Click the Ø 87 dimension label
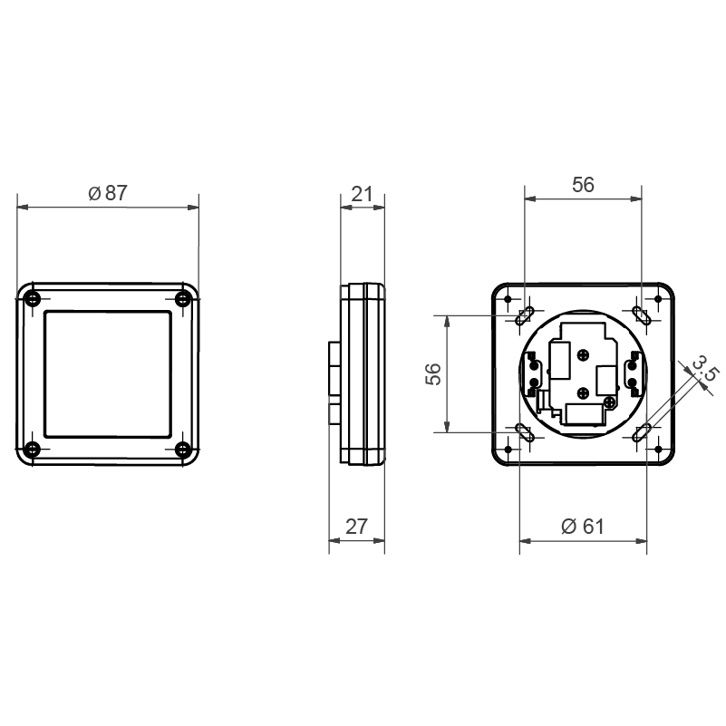point(108,193)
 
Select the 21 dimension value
point(362,194)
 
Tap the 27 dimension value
point(356,527)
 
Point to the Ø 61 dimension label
point(583,527)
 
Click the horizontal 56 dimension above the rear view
point(583,185)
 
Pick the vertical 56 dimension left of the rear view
point(433,373)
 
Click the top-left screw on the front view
point(32,299)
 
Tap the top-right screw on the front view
point(183,299)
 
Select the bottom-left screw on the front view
point(32,450)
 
